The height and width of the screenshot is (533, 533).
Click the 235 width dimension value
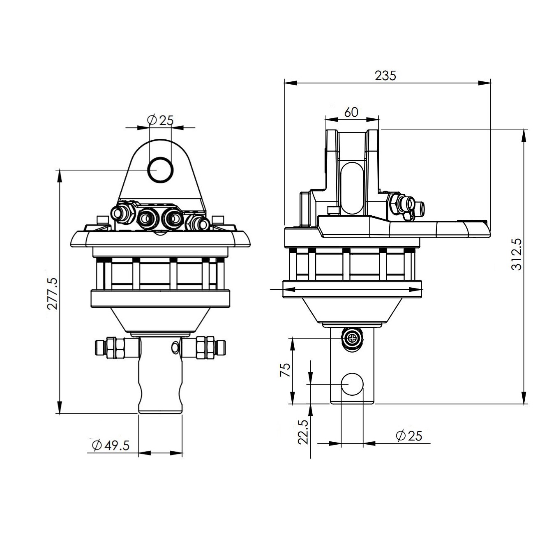tap(385, 76)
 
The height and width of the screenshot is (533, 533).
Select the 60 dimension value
tap(351, 112)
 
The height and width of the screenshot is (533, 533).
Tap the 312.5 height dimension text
tap(517, 255)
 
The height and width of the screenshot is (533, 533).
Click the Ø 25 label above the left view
tap(160, 120)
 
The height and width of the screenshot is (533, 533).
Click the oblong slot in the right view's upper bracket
tap(352, 188)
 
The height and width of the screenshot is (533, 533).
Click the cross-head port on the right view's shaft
tap(352, 339)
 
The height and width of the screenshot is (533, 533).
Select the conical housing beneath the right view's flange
tap(352, 309)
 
